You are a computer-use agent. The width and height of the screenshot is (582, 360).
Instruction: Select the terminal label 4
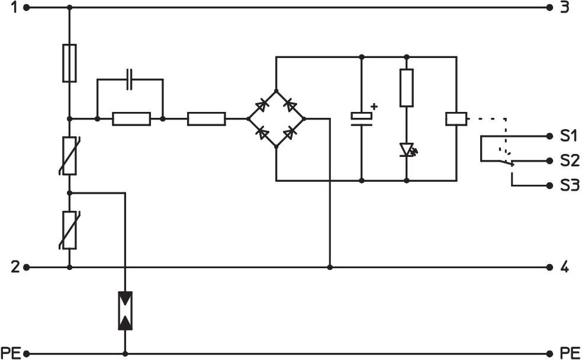point(564,268)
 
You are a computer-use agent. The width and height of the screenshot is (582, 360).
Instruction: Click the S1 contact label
point(568,136)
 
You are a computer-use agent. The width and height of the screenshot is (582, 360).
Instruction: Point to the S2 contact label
point(568,161)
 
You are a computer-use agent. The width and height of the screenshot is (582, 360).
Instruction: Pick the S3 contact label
point(568,186)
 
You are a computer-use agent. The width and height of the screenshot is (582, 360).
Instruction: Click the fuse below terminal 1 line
point(69,63)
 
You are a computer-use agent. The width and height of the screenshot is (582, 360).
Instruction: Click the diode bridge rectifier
point(276,119)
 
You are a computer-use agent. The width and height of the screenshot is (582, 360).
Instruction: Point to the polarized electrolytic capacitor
point(361,118)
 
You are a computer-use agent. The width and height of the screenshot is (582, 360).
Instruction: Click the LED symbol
point(407,149)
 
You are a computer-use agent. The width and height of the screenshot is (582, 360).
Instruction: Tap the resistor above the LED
point(406,88)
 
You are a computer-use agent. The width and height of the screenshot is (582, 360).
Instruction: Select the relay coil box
point(456,119)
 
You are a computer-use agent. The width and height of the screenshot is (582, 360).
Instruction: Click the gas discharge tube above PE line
point(126,310)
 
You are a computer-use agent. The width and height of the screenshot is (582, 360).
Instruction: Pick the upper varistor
point(69,155)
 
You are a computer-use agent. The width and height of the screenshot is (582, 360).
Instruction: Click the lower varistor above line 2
point(69,230)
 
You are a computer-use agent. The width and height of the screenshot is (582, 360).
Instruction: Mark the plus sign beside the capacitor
point(374,107)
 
